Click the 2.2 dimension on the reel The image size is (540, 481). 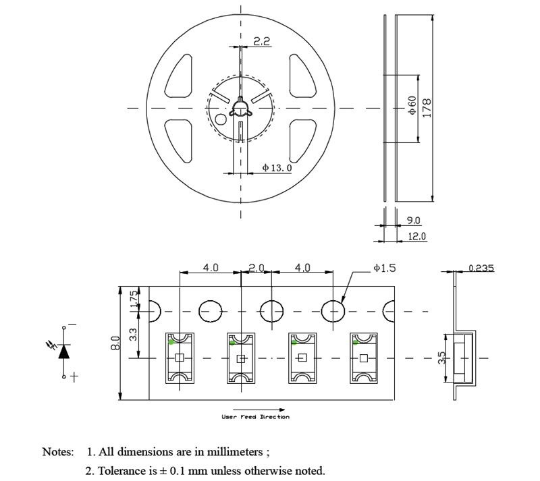click(262, 41)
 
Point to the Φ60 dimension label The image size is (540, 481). click(411, 108)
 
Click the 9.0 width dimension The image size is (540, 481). click(414, 221)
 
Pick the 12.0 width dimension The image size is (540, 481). click(417, 236)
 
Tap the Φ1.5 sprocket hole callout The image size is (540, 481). click(384, 268)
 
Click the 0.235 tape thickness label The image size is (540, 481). click(481, 268)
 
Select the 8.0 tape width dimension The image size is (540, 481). click(115, 343)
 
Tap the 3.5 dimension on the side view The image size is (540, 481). click(443, 358)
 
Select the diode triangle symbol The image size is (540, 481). click(65, 351)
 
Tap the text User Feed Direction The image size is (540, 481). click(255, 417)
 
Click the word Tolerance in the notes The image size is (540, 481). click(119, 470)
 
